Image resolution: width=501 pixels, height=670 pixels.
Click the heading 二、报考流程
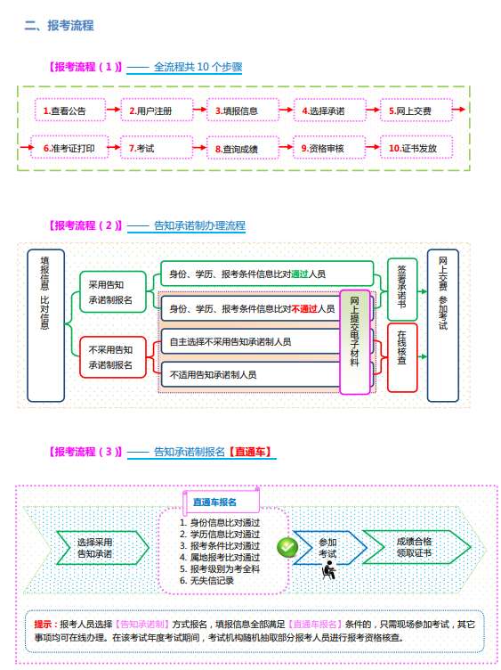(59, 26)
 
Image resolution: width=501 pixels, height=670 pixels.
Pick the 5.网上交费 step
(412, 110)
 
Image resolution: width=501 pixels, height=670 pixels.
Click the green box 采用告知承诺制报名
(111, 292)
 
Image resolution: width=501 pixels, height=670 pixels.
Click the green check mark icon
(287, 546)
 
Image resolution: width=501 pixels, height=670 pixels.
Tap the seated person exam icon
(327, 570)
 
